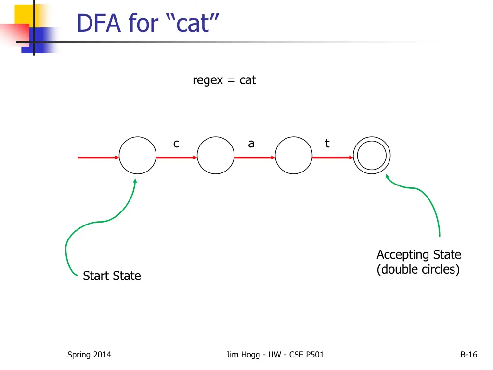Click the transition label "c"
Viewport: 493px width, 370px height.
click(x=176, y=144)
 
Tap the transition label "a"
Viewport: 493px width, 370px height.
click(x=251, y=144)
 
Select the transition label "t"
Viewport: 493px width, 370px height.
click(x=327, y=143)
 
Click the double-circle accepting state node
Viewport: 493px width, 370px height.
click(x=372, y=156)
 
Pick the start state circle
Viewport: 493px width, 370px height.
click(x=138, y=156)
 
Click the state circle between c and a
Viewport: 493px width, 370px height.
click(x=216, y=156)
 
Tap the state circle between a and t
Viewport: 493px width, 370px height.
click(x=294, y=156)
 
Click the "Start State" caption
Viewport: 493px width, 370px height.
click(x=112, y=276)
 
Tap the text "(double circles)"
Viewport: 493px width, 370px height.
click(x=418, y=269)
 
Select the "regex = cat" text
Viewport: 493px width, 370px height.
click(x=224, y=80)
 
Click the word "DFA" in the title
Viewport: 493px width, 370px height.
click(x=99, y=24)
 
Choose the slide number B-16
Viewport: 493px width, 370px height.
click(x=468, y=355)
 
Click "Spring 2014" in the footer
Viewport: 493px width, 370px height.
click(x=89, y=355)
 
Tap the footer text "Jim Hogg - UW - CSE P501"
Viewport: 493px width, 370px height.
click(x=275, y=355)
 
